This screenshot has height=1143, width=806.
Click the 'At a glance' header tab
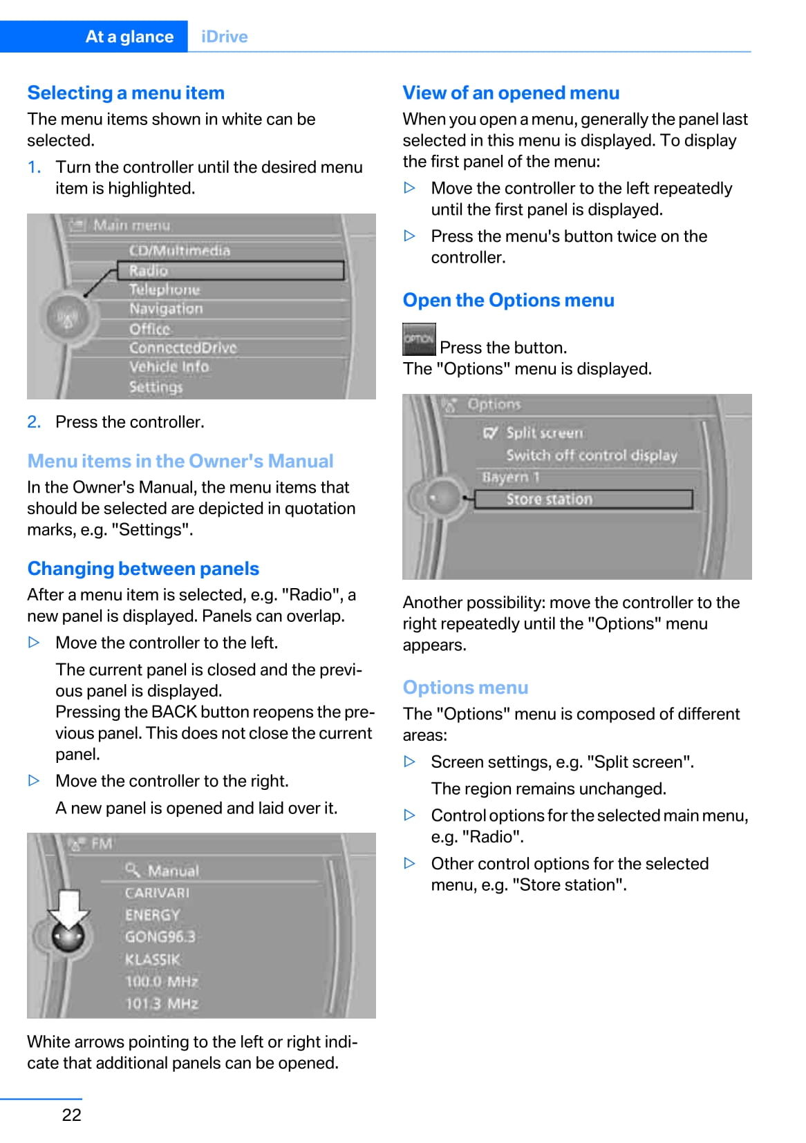[129, 37]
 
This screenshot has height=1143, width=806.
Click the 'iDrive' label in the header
[224, 37]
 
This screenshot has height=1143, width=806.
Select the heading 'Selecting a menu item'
[126, 93]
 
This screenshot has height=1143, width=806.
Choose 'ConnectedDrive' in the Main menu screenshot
[182, 348]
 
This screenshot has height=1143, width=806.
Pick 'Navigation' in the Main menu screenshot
[166, 309]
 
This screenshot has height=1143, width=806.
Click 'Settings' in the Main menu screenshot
[156, 387]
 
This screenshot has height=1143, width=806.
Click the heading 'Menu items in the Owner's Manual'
[180, 461]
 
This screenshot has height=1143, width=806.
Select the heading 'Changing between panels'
[143, 569]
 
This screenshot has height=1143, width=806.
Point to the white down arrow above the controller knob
[69, 907]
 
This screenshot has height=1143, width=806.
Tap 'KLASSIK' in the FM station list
[152, 959]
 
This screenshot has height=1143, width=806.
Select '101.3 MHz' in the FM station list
[161, 1003]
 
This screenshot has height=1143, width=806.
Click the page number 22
[71, 1115]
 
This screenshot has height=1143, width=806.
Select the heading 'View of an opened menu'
[511, 93]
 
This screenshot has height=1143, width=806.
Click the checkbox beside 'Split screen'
[490, 433]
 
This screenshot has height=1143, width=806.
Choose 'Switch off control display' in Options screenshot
[591, 455]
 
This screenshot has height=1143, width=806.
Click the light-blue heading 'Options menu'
[465, 688]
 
